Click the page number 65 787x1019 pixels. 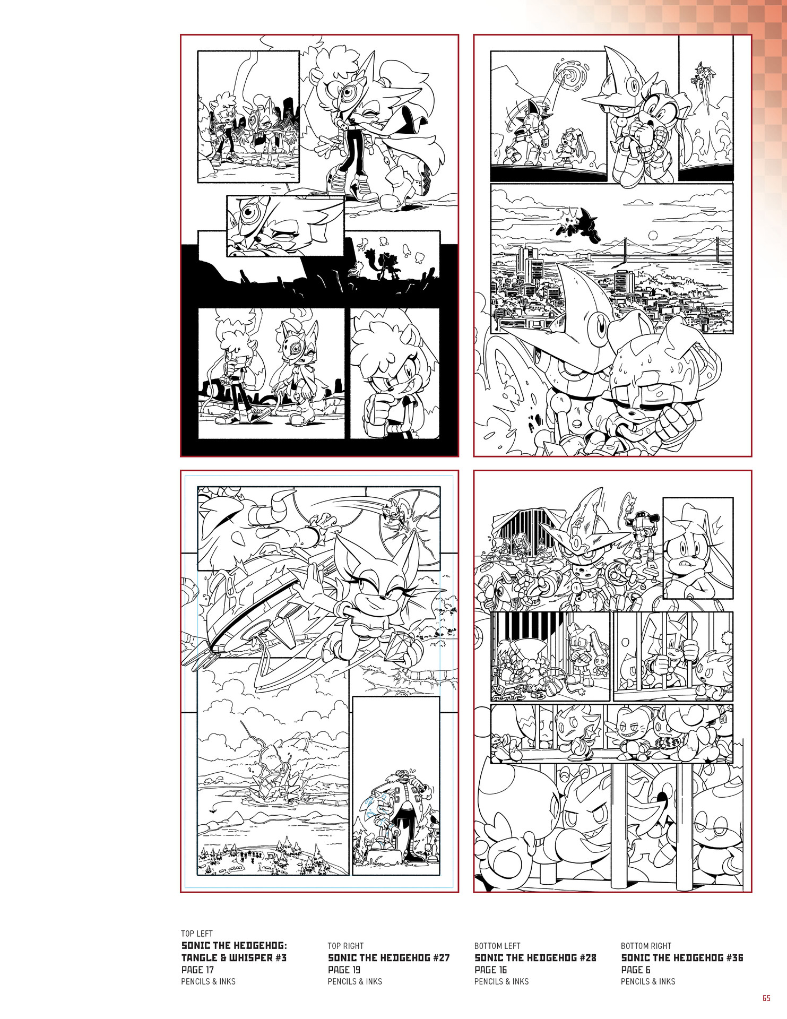[x=766, y=998]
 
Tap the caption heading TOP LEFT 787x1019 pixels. [x=197, y=934]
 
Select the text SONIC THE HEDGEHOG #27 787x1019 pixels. [x=388, y=957]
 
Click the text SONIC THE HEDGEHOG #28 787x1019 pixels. [x=535, y=957]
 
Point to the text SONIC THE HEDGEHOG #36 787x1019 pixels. [x=682, y=957]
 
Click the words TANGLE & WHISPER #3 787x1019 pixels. [x=234, y=957]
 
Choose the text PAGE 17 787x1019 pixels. [x=197, y=970]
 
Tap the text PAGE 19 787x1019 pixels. [x=344, y=970]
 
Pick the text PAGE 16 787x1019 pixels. [x=491, y=970]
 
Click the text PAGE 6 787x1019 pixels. [x=636, y=970]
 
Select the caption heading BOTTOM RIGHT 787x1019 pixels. [x=646, y=946]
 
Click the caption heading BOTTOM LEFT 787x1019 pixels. [x=497, y=946]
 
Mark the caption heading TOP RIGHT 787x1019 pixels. [x=345, y=946]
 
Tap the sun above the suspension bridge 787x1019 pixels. [x=652, y=235]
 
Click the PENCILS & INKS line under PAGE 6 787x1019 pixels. [x=648, y=981]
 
